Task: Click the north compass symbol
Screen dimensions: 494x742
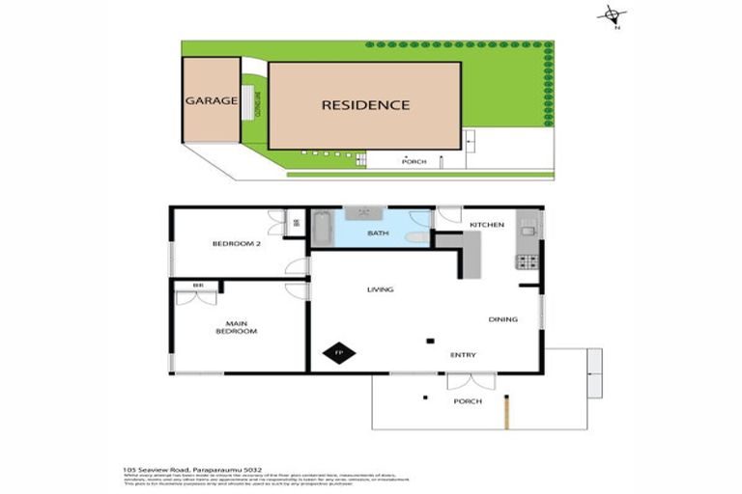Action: (612, 14)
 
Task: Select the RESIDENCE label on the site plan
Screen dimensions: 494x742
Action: (365, 105)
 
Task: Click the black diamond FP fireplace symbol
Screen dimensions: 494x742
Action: (338, 354)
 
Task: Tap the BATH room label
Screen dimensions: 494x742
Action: (377, 233)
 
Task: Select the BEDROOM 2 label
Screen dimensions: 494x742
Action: (236, 244)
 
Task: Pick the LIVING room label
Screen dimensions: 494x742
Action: (380, 289)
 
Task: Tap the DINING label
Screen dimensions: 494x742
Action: (502, 319)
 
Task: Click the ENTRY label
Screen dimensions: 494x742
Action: (463, 355)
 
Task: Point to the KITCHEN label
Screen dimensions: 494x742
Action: (486, 225)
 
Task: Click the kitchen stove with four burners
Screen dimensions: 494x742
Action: (527, 261)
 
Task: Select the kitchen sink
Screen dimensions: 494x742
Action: (528, 231)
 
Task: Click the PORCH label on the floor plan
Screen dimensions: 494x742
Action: (468, 401)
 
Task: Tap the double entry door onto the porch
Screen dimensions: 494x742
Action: (471, 380)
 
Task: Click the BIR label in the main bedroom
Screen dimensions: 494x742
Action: (197, 286)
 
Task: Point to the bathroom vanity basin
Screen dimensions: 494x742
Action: (363, 213)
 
